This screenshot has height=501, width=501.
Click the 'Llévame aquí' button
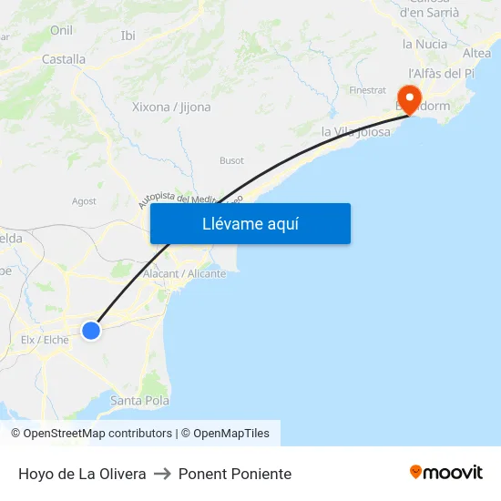pyautogui.click(x=250, y=223)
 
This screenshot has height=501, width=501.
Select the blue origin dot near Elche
pyautogui.click(x=91, y=330)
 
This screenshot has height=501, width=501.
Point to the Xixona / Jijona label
pyautogui.click(x=171, y=107)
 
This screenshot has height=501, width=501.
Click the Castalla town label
pyautogui.click(x=64, y=59)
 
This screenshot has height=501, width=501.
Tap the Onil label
pyautogui.click(x=62, y=30)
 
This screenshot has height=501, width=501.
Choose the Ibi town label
pyautogui.click(x=128, y=36)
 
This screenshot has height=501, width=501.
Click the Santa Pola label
pyautogui.click(x=139, y=400)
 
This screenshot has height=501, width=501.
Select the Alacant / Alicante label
pyautogui.click(x=185, y=273)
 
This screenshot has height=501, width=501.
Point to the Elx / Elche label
pyautogui.click(x=45, y=340)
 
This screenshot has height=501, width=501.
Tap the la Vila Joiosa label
pyautogui.click(x=356, y=131)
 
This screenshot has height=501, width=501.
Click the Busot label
pyautogui.click(x=231, y=160)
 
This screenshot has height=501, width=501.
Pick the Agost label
pyautogui.click(x=84, y=201)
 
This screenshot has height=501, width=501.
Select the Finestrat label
pyautogui.click(x=368, y=90)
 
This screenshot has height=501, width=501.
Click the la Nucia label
pyautogui.click(x=424, y=43)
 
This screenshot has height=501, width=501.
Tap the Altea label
pyautogui.click(x=477, y=54)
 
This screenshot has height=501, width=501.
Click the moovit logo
pyautogui.click(x=446, y=472)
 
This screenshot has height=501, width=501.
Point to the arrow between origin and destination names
pyautogui.click(x=162, y=474)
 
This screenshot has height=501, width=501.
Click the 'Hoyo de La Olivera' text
pyautogui.click(x=82, y=474)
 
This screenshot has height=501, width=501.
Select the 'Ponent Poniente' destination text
pyautogui.click(x=235, y=474)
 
